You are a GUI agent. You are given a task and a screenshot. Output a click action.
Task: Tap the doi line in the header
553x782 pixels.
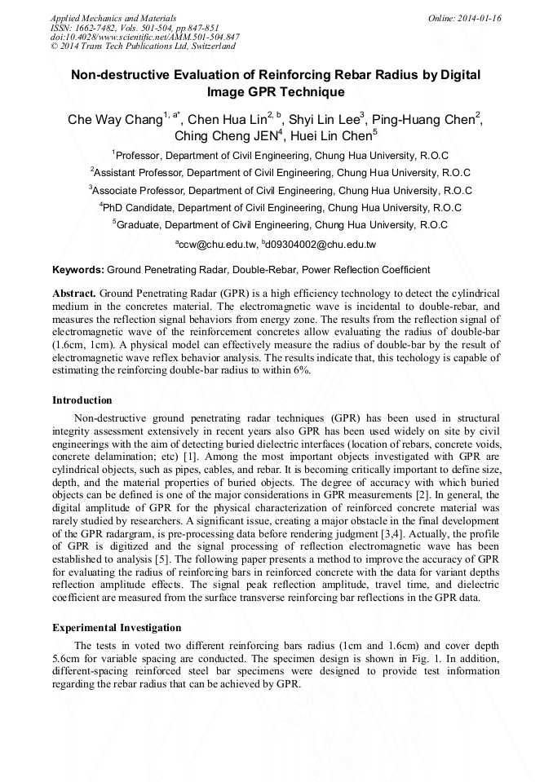144,37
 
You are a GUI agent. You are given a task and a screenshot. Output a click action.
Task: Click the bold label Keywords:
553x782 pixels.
78,269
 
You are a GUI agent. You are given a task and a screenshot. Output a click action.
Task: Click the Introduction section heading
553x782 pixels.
82,400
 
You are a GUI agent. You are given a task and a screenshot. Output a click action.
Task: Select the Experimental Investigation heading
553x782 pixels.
117,628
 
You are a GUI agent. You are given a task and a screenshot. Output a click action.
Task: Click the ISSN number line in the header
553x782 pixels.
135,28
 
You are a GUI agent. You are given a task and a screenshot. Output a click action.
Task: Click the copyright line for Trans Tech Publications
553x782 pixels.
143,46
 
